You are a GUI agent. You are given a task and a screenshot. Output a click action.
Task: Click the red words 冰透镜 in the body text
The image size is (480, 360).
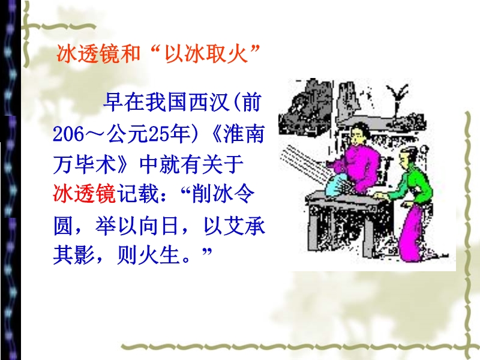tap(85, 194)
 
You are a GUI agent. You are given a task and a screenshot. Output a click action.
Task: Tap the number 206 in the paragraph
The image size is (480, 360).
tap(68, 134)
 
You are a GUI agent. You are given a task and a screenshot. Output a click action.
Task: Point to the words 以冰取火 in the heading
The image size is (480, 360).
tap(206, 54)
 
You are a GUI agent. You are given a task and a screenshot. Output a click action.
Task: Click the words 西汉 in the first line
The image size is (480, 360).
tap(209, 102)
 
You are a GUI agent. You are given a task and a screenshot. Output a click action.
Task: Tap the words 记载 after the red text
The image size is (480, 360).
tap(137, 194)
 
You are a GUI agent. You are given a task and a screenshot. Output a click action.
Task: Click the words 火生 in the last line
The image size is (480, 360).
tap(158, 254)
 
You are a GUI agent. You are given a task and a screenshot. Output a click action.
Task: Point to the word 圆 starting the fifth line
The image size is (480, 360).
tap(63, 226)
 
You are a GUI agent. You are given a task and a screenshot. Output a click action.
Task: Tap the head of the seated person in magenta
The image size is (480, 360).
tap(358, 134)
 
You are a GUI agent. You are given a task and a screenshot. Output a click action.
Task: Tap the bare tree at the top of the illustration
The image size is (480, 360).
tap(397, 98)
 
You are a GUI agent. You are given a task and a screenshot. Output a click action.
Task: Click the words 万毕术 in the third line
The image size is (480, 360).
tap(85, 164)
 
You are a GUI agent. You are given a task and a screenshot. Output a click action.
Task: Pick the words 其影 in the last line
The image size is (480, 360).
tap(73, 254)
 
